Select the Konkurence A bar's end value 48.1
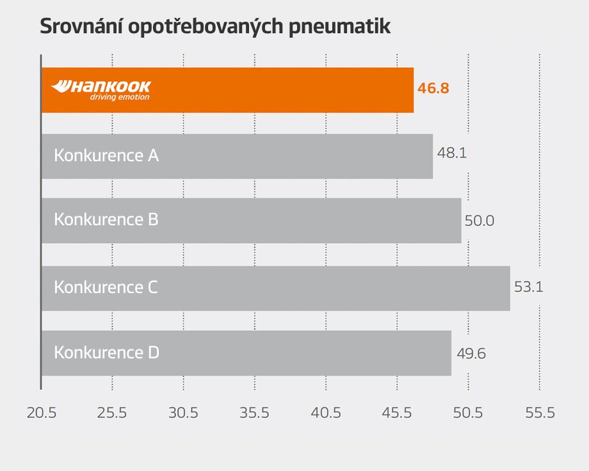(x=451, y=154)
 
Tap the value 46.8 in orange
(x=433, y=88)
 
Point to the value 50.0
(x=480, y=221)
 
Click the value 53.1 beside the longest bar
(x=528, y=287)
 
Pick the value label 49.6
(x=471, y=353)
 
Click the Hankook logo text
(x=101, y=86)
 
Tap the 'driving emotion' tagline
(x=119, y=97)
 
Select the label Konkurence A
(x=106, y=156)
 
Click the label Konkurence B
(x=106, y=220)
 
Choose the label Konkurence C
(x=106, y=287)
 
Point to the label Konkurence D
(x=106, y=353)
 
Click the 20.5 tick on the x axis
(x=42, y=413)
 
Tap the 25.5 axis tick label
(x=112, y=413)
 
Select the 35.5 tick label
(x=254, y=413)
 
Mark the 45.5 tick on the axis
(x=397, y=413)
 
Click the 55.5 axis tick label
(x=539, y=413)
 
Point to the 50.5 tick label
(x=468, y=413)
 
